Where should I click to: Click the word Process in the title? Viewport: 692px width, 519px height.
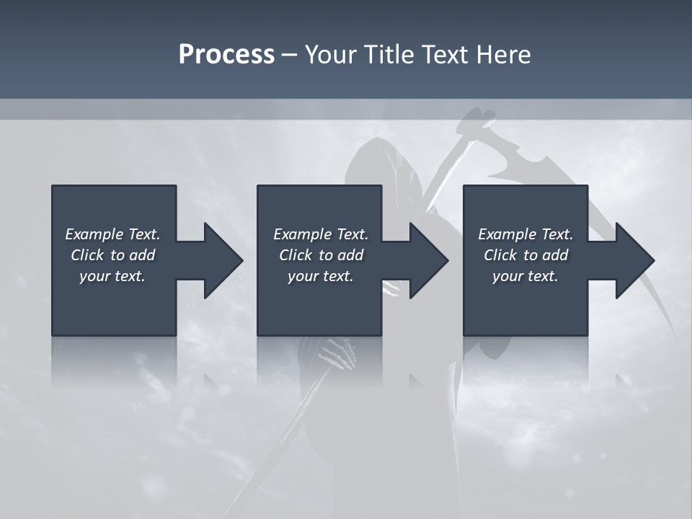pyautogui.click(x=226, y=55)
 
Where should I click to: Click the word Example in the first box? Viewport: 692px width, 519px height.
pyautogui.click(x=94, y=234)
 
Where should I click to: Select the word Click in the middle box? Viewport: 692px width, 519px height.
pyautogui.click(x=296, y=255)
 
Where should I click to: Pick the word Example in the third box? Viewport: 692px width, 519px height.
pyautogui.click(x=507, y=234)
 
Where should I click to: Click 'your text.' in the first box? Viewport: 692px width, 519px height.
pyautogui.click(x=112, y=276)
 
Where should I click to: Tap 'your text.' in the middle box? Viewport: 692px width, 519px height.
pyautogui.click(x=320, y=276)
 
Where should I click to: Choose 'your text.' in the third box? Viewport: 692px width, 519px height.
pyautogui.click(x=525, y=276)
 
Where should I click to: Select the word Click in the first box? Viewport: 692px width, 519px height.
pyautogui.click(x=87, y=255)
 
